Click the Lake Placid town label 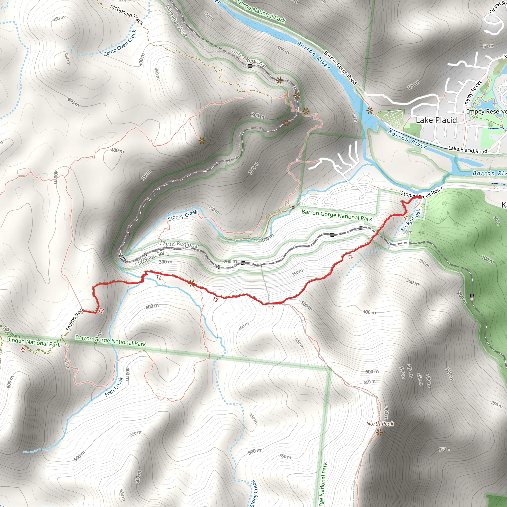[436, 120]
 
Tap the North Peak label [380, 424]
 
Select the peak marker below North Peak [379, 433]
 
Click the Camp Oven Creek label [120, 43]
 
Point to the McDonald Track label [127, 14]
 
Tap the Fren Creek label [114, 387]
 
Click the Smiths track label [75, 319]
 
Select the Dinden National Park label [33, 342]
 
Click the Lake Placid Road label [468, 150]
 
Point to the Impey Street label [473, 93]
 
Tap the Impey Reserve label [486, 112]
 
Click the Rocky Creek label [411, 220]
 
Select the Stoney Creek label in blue [183, 215]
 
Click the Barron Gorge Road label [340, 68]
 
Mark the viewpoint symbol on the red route [192, 283]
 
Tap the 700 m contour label [386, 413]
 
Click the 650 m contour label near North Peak [370, 382]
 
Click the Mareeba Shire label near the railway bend [152, 258]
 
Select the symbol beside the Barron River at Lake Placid [370, 110]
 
